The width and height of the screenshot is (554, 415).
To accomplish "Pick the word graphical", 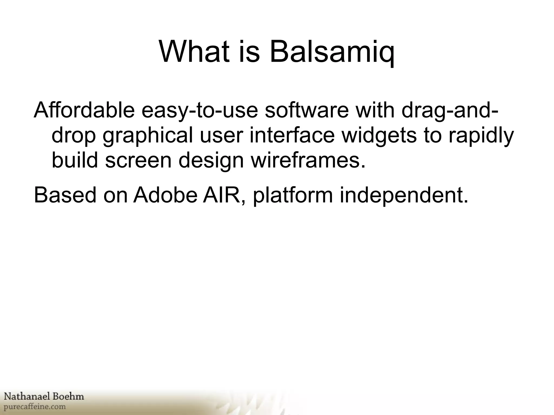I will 148,136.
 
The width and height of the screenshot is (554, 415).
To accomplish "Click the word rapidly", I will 481,136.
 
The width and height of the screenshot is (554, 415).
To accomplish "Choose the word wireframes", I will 308,160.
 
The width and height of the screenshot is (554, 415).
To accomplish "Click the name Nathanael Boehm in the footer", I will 44,397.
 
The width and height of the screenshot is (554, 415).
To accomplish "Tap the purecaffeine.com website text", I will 35,406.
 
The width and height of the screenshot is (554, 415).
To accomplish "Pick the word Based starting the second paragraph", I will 65,195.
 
